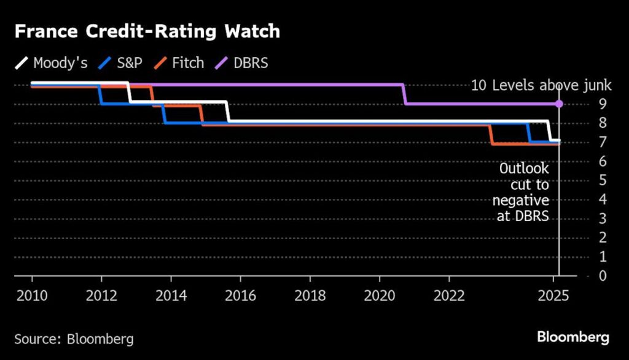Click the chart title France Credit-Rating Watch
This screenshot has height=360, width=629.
147,32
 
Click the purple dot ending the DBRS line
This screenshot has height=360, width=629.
559,104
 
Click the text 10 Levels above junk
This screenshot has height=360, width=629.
541,85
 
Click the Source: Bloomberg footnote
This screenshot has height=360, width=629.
74,338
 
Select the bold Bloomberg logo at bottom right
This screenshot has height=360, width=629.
573,337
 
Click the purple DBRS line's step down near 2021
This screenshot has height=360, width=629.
405,94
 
